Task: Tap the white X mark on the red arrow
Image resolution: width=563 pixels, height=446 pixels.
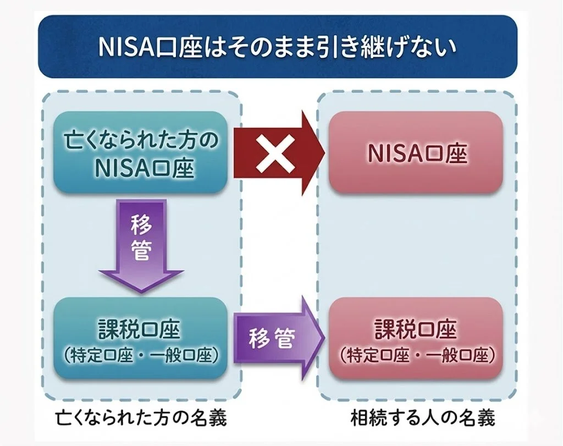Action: point(277,152)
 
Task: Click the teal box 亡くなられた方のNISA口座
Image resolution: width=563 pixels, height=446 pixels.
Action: point(141,152)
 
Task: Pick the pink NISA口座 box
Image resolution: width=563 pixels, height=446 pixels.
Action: point(416,152)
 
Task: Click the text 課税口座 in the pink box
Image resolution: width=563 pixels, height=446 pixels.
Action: point(416,329)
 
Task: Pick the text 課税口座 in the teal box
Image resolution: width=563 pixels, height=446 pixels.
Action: point(141,329)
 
